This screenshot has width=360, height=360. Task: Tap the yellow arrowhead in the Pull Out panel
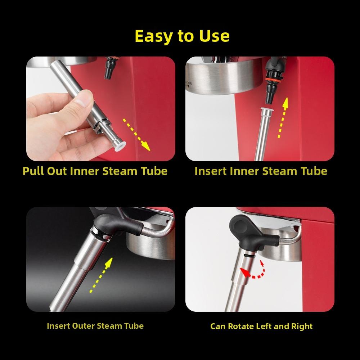pos(145,146)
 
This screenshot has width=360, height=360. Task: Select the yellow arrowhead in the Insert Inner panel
pos(285,103)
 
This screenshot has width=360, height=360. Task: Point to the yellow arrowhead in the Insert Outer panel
pos(109,262)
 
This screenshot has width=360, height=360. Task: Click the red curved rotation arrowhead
pos(245,273)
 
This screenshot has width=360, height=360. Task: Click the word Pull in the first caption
pos(33,171)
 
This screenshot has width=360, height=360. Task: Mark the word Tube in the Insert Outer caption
pos(134,326)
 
